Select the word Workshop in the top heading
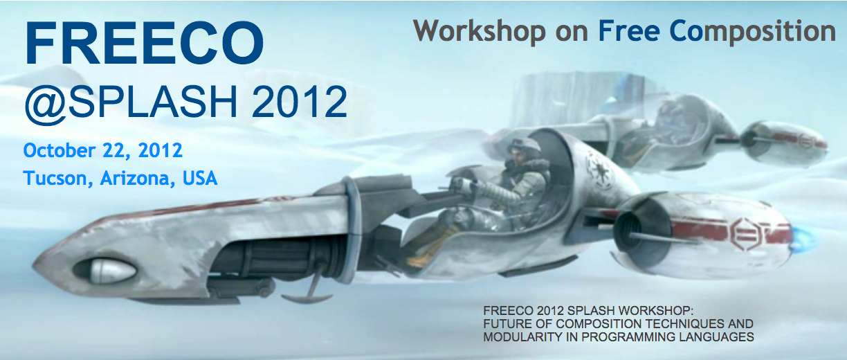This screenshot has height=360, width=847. coord(479,32)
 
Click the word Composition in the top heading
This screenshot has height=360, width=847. coord(752,32)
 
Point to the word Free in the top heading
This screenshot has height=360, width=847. coord(630,31)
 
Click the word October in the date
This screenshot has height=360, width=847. coord(59,150)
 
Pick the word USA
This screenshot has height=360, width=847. coord(200,178)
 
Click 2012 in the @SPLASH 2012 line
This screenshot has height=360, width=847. coord(299,102)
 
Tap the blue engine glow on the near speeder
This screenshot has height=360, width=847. coord(800,240)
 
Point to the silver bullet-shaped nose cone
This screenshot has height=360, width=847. coord(112,271)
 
